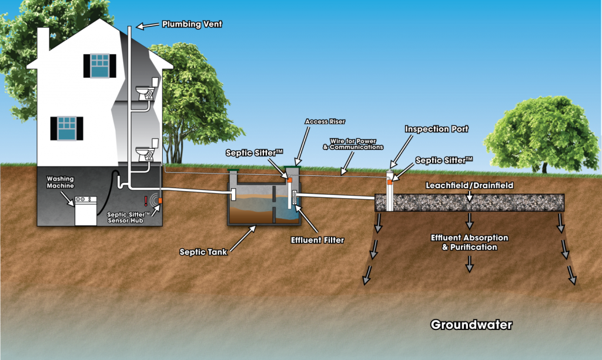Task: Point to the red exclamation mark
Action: tap(146, 201)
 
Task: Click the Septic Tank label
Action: tap(203, 252)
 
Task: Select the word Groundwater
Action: tap(471, 325)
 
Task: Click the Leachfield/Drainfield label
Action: tap(469, 185)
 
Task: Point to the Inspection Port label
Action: tap(436, 129)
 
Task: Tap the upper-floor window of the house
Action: tap(100, 65)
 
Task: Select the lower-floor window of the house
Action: tap(66, 128)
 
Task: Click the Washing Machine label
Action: tap(62, 181)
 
